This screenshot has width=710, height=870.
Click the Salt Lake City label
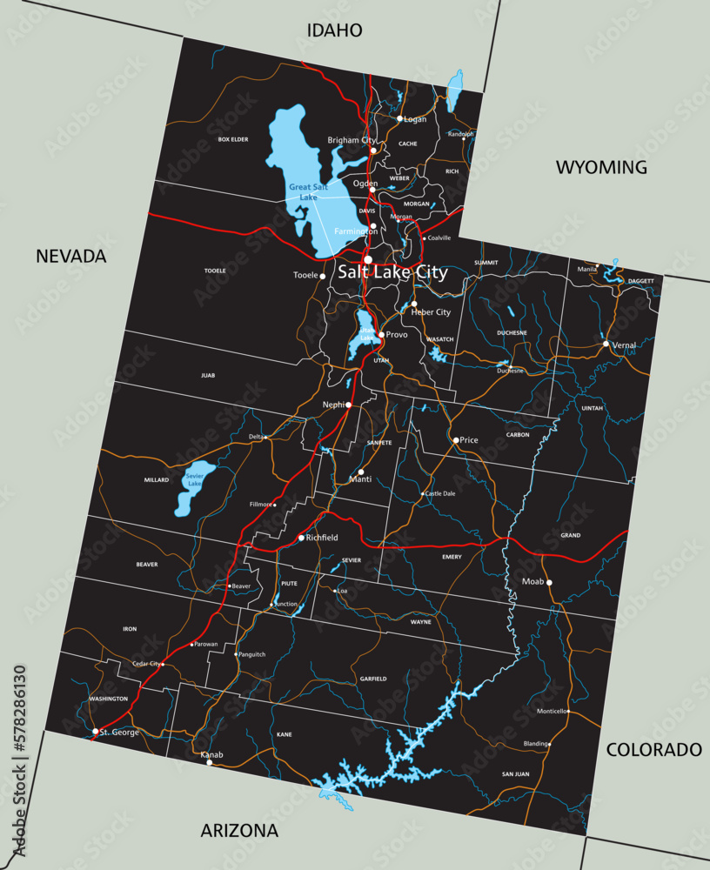click(392, 272)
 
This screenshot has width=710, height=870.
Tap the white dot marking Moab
click(549, 583)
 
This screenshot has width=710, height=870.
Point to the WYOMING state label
click(601, 167)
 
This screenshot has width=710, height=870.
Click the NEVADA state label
click(70, 256)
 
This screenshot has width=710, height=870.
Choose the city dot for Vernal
click(606, 344)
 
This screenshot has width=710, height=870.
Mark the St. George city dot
click(95, 732)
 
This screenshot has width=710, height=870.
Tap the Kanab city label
click(211, 754)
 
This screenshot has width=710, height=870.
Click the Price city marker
click(455, 440)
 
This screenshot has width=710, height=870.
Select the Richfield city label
click(322, 538)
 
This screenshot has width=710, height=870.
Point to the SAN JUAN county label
click(515, 773)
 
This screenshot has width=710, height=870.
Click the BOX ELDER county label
click(233, 139)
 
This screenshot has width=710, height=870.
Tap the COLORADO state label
click(653, 749)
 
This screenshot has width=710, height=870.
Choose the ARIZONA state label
click(239, 830)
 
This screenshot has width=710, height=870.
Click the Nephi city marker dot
click(348, 405)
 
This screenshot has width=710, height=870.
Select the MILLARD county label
click(157, 480)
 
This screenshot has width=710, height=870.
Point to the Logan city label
click(415, 119)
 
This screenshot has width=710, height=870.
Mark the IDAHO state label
click(334, 30)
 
